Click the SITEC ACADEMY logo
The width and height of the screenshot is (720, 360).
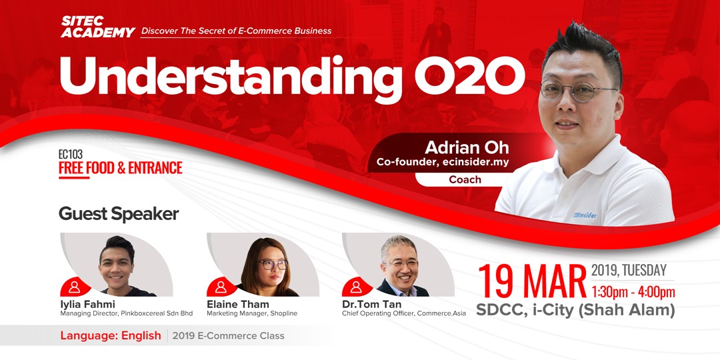pyautogui.click(x=97, y=27)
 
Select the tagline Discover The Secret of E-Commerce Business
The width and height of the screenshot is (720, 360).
pyautogui.click(x=236, y=31)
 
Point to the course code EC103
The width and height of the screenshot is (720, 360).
pyautogui.click(x=71, y=154)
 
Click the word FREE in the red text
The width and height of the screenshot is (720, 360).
pyautogui.click(x=71, y=168)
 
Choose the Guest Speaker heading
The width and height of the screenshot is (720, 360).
pyautogui.click(x=119, y=213)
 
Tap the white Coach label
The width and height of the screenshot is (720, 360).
pyautogui.click(x=465, y=179)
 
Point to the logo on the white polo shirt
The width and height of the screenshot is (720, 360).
pyautogui.click(x=585, y=215)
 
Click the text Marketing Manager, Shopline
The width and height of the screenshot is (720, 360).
pyautogui.click(x=252, y=313)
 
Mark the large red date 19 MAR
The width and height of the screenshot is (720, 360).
pyautogui.click(x=532, y=282)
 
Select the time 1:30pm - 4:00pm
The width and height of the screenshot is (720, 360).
pyautogui.click(x=633, y=292)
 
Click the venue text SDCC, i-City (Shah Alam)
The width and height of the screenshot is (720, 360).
pyautogui.click(x=575, y=311)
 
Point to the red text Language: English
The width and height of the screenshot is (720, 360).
pyautogui.click(x=111, y=335)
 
